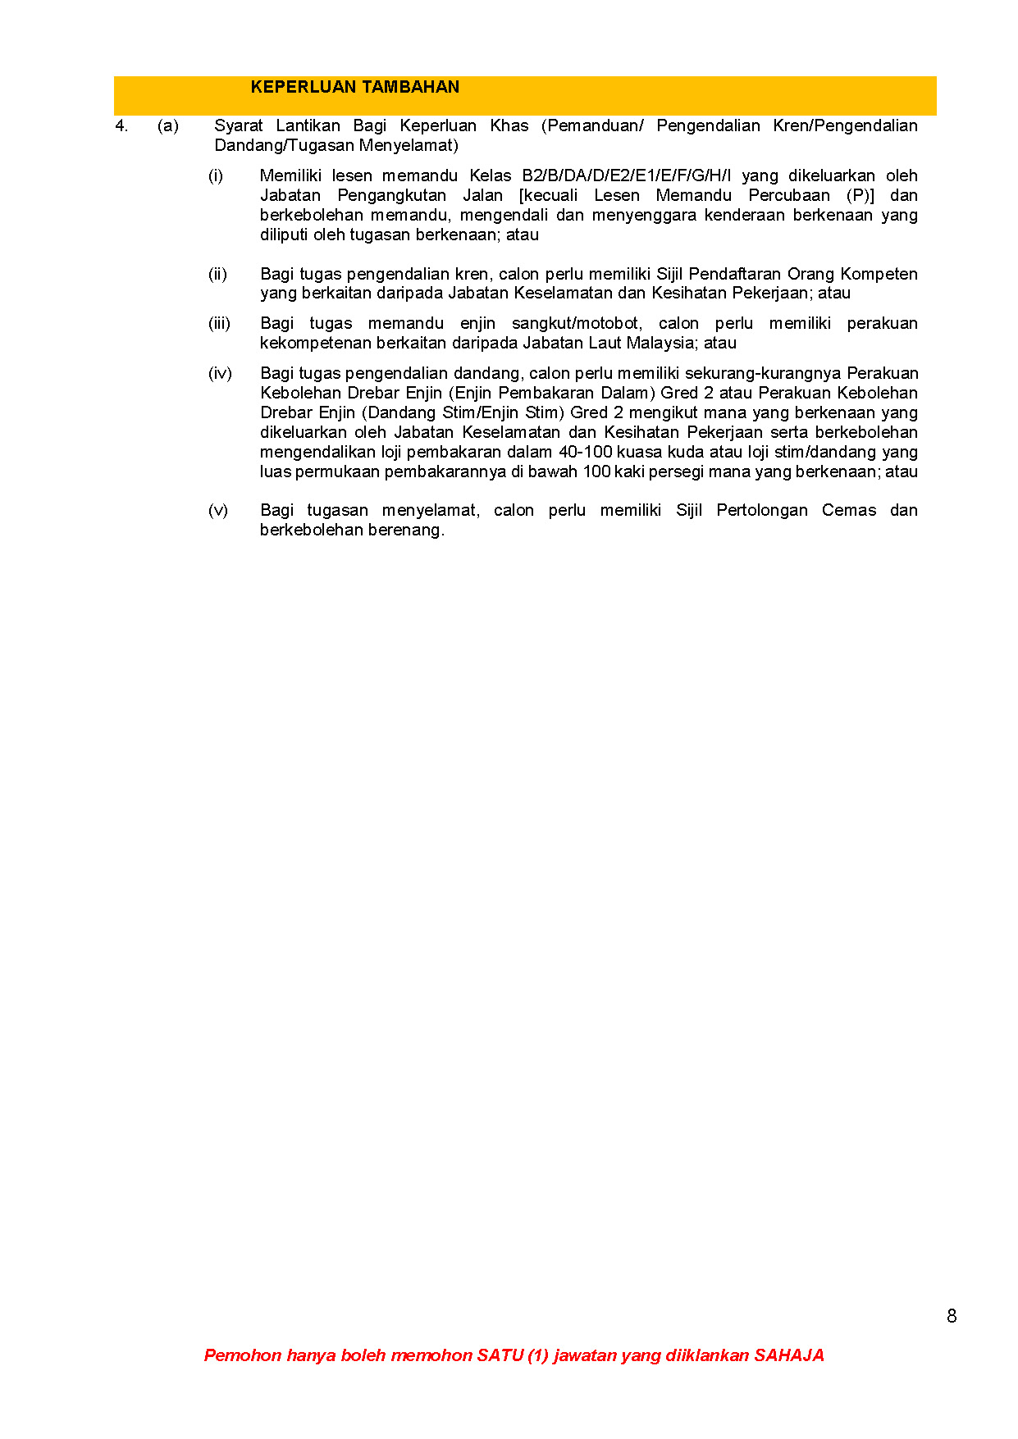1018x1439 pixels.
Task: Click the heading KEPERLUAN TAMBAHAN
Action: (x=354, y=87)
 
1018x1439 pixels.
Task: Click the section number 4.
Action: (x=121, y=126)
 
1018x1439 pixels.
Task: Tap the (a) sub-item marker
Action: (x=168, y=126)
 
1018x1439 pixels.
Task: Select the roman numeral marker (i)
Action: (x=216, y=176)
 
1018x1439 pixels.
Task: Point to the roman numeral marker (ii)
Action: (x=217, y=274)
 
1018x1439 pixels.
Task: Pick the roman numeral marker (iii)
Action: (x=219, y=324)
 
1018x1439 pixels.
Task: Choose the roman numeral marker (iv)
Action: (x=220, y=374)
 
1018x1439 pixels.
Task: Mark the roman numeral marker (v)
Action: (x=218, y=511)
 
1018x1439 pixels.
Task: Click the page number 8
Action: (x=952, y=1316)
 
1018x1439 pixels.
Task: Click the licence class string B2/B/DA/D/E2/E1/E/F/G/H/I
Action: (x=626, y=176)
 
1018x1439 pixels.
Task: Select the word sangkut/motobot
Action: (x=577, y=324)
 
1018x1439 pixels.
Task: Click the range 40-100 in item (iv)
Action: (x=585, y=453)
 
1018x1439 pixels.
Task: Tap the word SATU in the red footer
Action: (x=500, y=1355)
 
